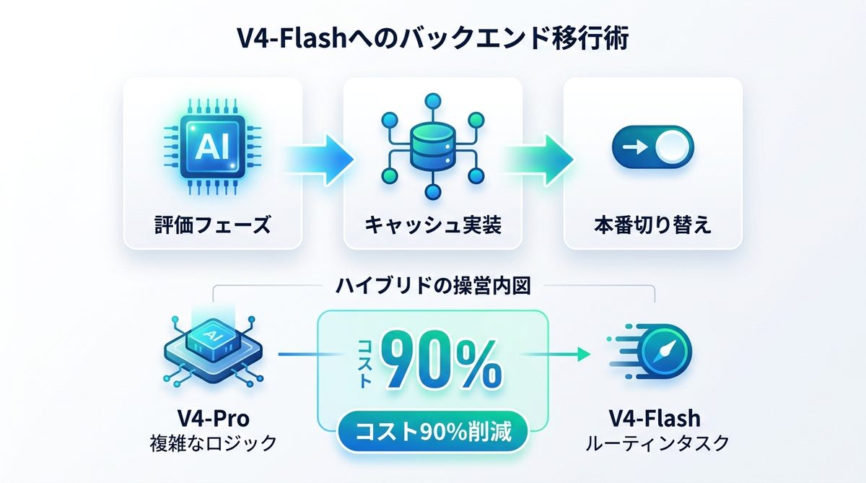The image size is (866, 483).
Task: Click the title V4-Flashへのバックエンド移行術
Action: (432, 38)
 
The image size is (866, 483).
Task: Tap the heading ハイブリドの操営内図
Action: (434, 287)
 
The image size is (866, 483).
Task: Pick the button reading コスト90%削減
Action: (432, 432)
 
